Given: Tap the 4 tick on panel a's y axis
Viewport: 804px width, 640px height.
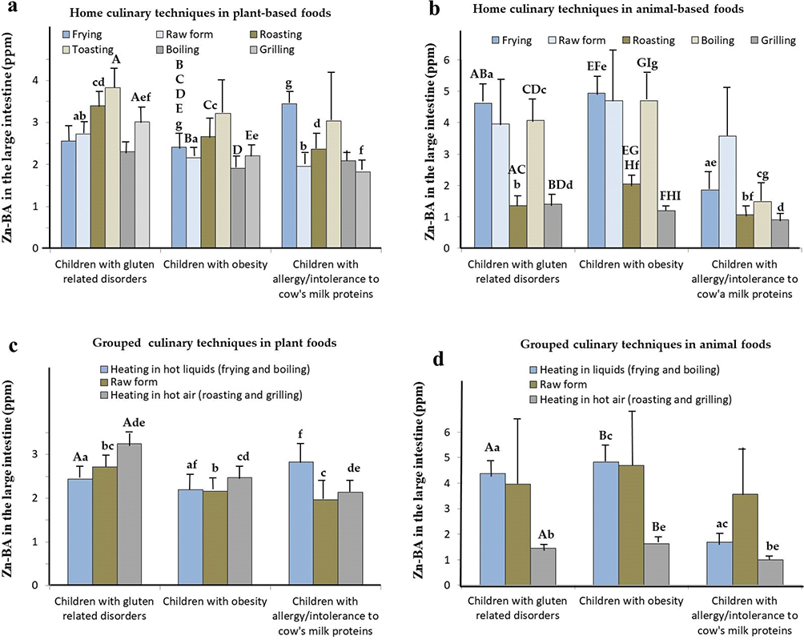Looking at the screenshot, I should click(34, 80).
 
